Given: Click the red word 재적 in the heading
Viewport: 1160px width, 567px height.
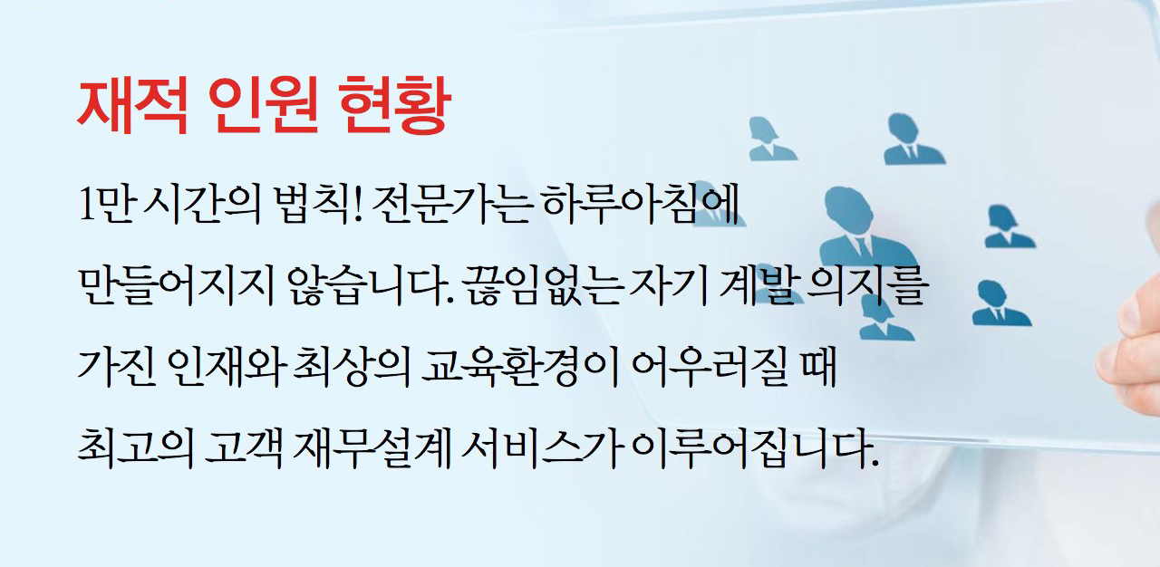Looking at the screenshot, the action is click(132, 105).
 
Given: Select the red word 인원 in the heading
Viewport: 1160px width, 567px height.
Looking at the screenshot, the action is click(263, 105).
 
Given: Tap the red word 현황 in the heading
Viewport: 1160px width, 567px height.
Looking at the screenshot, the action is click(394, 105).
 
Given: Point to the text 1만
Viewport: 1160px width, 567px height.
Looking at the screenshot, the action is click(106, 204).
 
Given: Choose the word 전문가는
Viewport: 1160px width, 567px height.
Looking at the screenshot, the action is click(452, 204).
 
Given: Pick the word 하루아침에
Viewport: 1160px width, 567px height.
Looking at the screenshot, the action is click(641, 204).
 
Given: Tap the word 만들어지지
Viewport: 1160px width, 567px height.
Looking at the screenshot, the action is click(176, 285).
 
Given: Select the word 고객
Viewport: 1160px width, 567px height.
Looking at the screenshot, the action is click(244, 448).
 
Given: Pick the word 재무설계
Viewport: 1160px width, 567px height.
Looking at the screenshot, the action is click(372, 448).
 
